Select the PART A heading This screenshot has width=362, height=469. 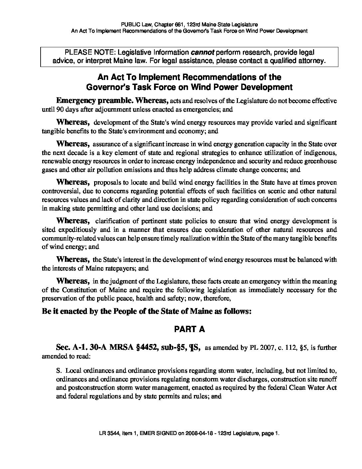189,329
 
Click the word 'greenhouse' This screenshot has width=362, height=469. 320,161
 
